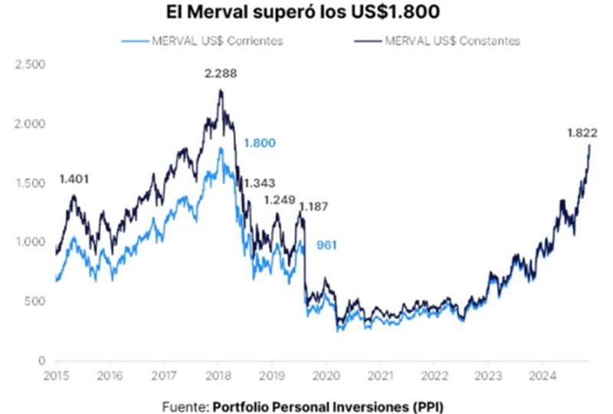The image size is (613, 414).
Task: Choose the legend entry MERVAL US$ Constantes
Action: [453, 41]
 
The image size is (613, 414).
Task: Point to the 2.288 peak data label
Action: [220, 76]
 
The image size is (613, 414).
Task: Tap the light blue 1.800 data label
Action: [259, 143]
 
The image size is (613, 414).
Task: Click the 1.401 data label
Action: [75, 179]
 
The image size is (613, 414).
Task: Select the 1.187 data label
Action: [314, 207]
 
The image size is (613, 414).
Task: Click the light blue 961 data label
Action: [327, 246]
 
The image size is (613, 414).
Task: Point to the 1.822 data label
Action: [582, 133]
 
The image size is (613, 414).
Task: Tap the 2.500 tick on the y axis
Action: [31, 64]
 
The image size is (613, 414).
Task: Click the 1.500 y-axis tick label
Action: [31, 182]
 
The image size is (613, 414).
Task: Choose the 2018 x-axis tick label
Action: [218, 376]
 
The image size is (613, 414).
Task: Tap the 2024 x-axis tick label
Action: [542, 376]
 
